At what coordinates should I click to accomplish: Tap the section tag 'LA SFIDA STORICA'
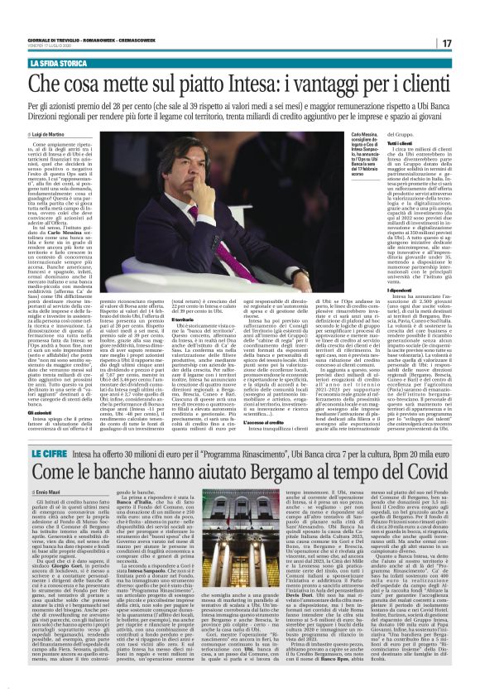(x=60, y=61)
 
